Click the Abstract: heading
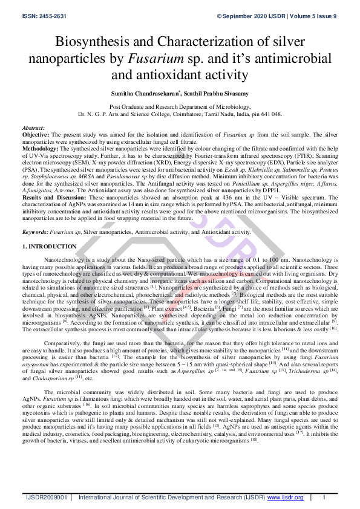[x=33, y=129]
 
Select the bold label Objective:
[x=36, y=135]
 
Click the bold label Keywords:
[x=34, y=232]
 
